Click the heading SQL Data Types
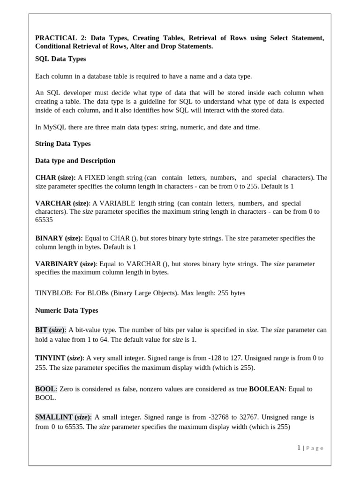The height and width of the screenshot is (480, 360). point(60,59)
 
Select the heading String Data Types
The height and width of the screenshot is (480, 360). point(63,143)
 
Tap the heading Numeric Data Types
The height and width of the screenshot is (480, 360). point(67,310)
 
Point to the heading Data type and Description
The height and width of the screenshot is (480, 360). point(75,160)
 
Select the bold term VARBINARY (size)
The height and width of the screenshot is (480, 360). point(66,264)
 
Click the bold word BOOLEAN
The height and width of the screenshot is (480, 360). point(267,389)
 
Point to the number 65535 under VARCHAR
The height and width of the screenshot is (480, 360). point(44,220)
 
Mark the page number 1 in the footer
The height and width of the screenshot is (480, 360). point(299,448)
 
